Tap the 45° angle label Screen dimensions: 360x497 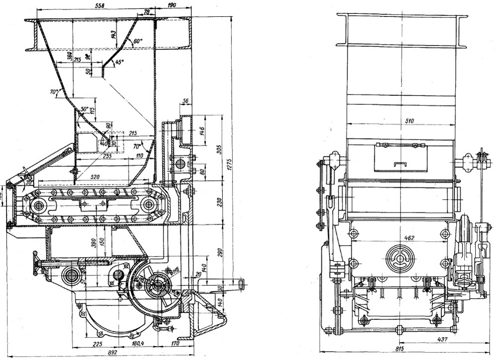tap(119, 63)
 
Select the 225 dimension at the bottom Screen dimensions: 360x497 tap(98, 344)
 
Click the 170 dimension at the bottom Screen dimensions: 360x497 tap(175, 344)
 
